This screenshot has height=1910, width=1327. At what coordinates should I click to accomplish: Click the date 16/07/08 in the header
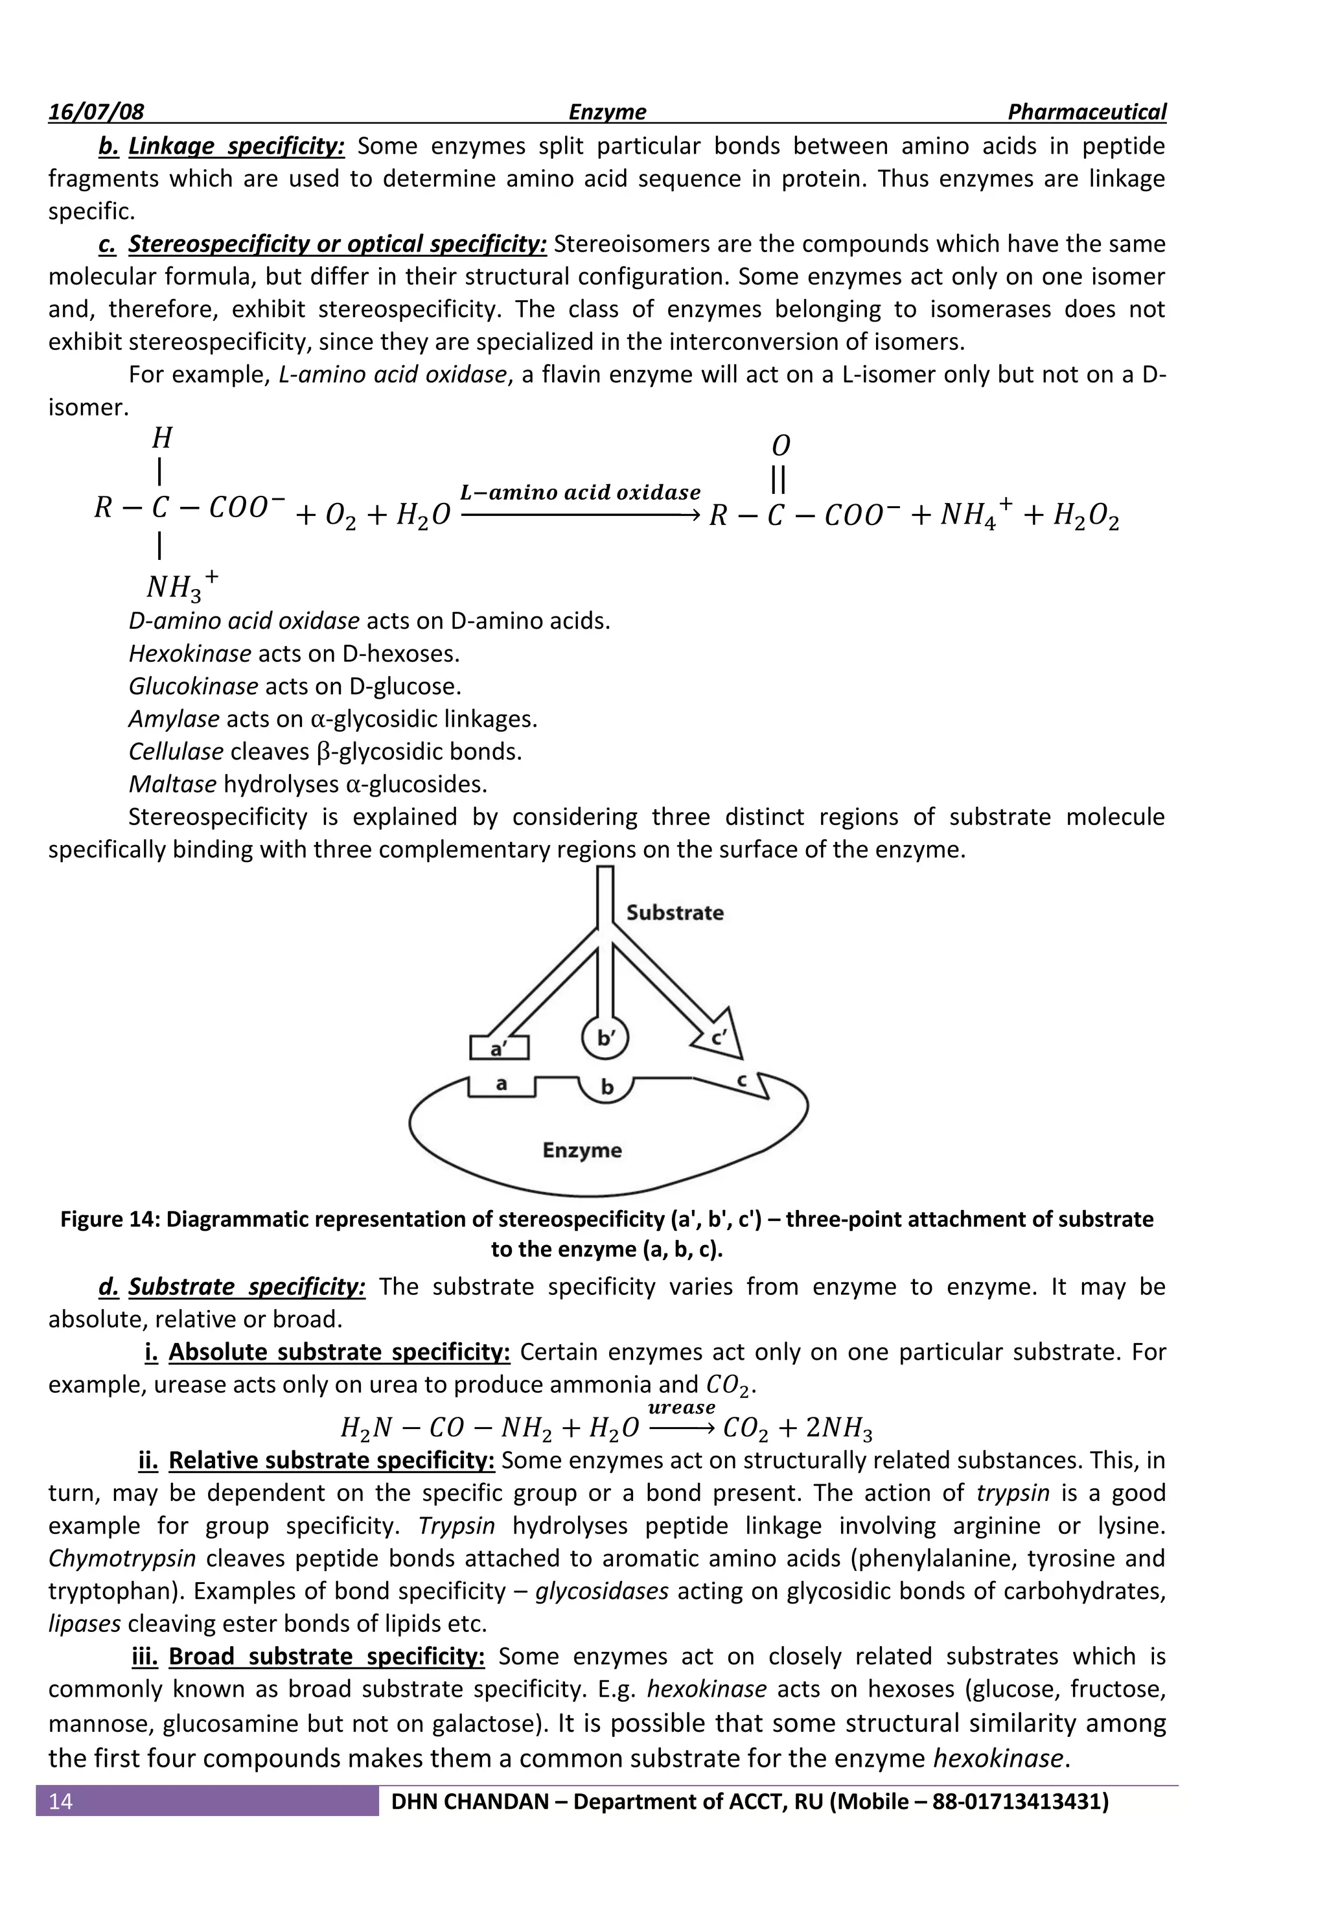pyautogui.click(x=96, y=112)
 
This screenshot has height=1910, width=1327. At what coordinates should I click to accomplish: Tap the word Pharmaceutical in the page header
pyautogui.click(x=1086, y=112)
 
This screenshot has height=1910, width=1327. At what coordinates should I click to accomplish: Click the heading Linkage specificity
pyautogui.click(x=236, y=146)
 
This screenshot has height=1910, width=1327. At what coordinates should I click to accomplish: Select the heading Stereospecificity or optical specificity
pyautogui.click(x=337, y=244)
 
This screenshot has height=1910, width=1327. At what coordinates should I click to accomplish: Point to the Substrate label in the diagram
pyautogui.click(x=675, y=913)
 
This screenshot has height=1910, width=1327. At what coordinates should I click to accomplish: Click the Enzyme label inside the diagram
pyautogui.click(x=582, y=1150)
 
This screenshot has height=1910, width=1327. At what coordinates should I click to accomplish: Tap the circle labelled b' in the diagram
pyautogui.click(x=605, y=1038)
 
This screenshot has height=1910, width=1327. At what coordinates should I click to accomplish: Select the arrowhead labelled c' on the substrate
pyautogui.click(x=720, y=1036)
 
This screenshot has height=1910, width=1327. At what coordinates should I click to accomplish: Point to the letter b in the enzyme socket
pyautogui.click(x=607, y=1088)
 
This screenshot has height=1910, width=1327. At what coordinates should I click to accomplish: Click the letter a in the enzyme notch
pyautogui.click(x=502, y=1084)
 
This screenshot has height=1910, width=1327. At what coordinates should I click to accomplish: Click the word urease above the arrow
pyautogui.click(x=681, y=1407)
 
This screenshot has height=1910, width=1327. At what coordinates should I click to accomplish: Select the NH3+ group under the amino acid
pyautogui.click(x=181, y=586)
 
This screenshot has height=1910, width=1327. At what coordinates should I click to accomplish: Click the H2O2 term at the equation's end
pyautogui.click(x=1085, y=517)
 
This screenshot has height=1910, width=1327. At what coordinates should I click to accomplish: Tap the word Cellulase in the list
pyautogui.click(x=176, y=752)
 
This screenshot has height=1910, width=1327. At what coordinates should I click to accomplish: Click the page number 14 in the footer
pyautogui.click(x=61, y=1802)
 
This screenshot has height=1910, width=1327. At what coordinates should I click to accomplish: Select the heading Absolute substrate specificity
pyautogui.click(x=340, y=1352)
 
